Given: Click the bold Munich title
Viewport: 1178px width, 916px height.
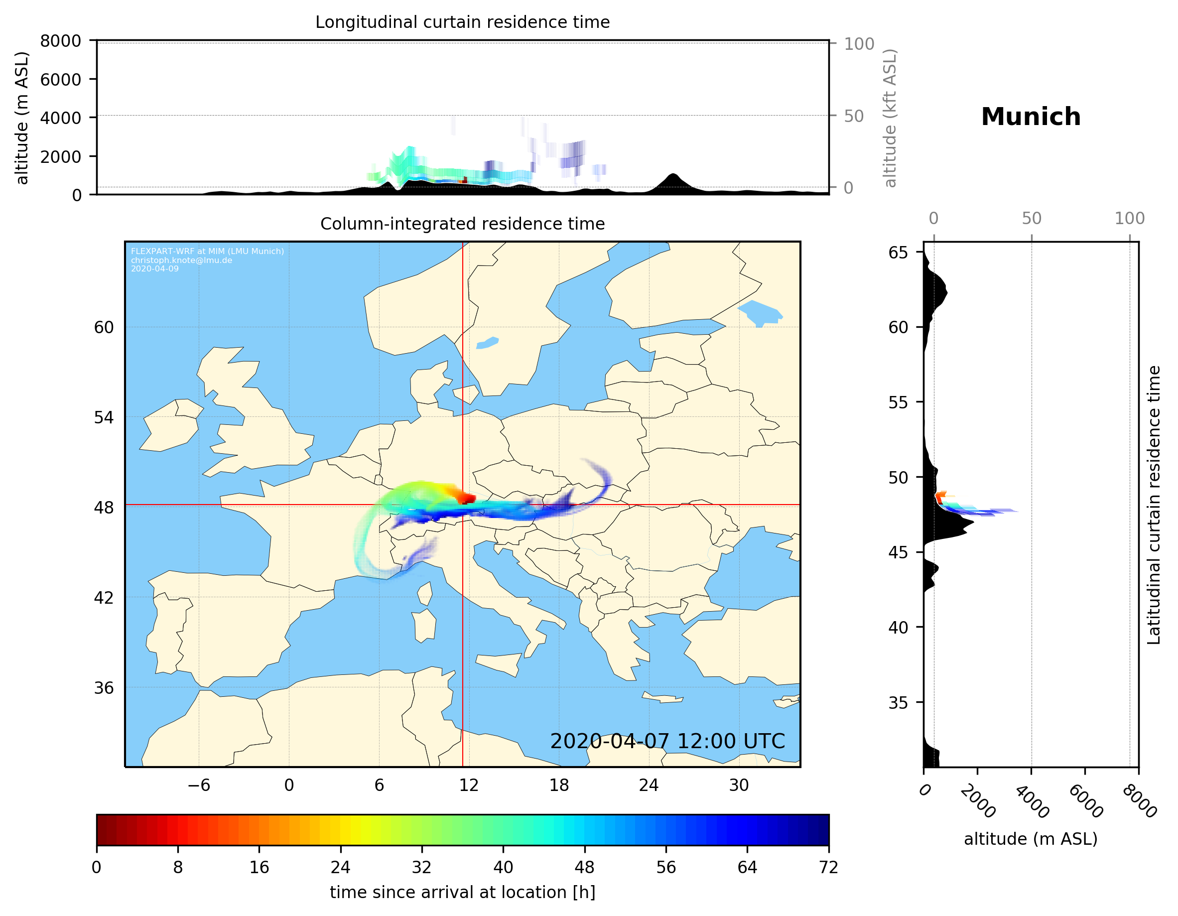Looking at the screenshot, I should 1031,117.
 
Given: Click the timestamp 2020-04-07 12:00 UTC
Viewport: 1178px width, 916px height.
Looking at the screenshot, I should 667,741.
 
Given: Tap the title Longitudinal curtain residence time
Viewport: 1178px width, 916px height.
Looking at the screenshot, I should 462,22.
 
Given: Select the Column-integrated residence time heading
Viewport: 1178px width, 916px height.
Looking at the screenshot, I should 462,224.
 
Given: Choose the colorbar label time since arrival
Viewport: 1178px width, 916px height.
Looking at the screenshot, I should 462,892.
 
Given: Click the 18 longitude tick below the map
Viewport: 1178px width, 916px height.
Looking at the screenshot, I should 559,785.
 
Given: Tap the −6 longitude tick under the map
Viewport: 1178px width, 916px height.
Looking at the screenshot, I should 198,785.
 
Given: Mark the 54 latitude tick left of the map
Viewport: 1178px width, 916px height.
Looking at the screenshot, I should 104,417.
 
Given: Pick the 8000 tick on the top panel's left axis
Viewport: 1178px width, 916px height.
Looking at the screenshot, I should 60,41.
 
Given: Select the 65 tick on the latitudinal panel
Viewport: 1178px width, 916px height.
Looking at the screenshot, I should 898,253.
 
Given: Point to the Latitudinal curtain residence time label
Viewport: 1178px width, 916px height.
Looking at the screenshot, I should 1153,505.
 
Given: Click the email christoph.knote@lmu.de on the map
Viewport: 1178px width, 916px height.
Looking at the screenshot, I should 181,260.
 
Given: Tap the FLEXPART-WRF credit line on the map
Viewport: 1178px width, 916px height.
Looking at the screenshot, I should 207,252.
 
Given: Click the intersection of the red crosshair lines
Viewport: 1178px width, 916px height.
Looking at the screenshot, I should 463,505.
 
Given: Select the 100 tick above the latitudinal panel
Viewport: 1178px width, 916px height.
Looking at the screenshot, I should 1130,219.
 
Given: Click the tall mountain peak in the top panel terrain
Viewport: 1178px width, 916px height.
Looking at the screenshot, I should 672,175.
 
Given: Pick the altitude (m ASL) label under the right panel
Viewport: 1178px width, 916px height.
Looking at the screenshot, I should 1030,839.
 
